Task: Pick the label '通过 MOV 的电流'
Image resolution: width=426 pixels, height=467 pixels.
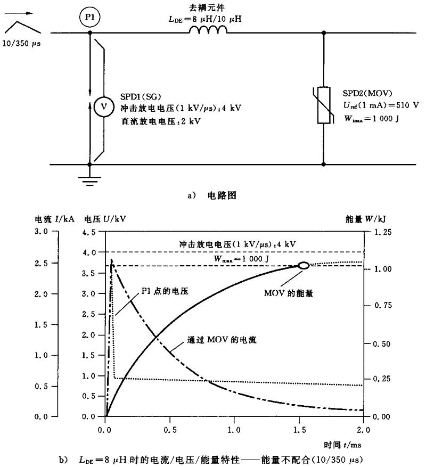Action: (x=222, y=339)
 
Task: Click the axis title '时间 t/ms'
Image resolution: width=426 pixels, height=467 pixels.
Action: (x=338, y=444)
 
